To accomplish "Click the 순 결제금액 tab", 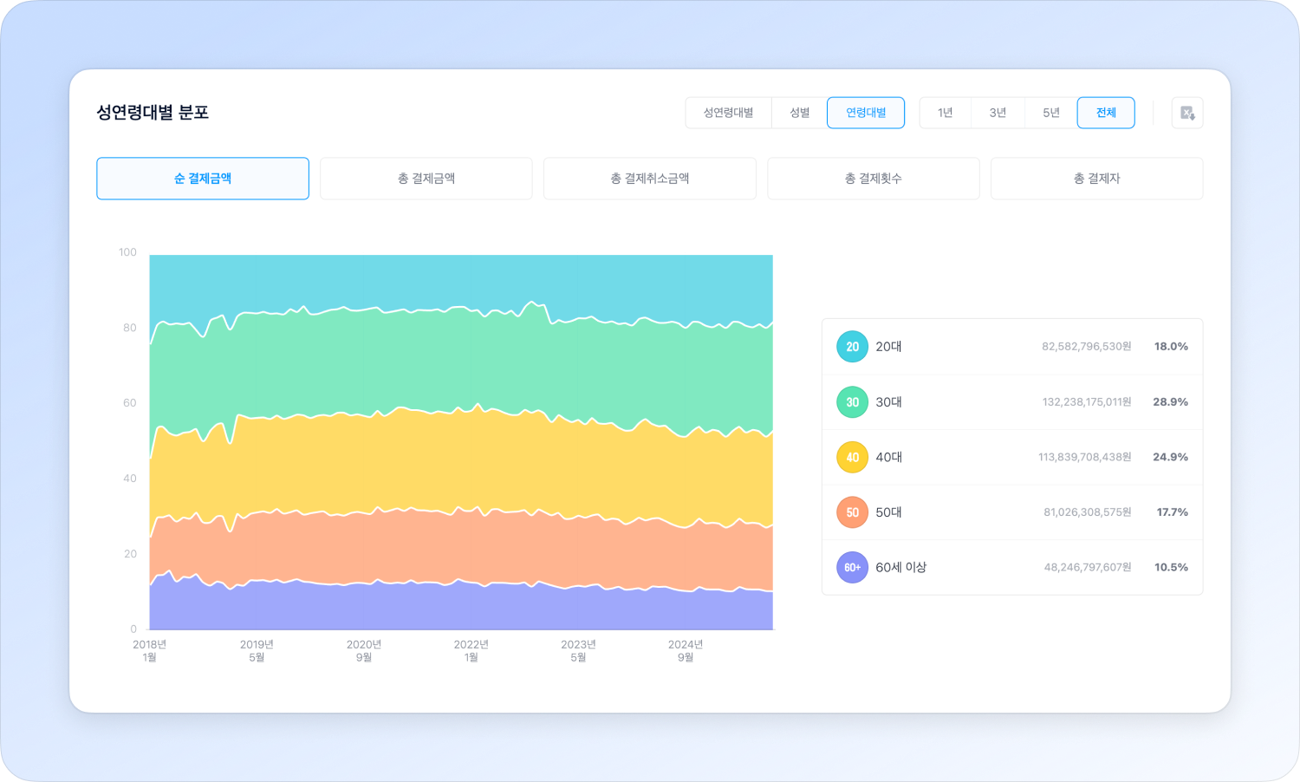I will point(203,179).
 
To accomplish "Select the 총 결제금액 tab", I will point(426,179).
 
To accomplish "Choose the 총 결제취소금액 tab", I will point(650,179).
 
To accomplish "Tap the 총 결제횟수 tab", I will point(874,179).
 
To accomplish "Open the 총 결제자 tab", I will point(1097,179).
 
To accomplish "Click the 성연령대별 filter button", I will point(728,113).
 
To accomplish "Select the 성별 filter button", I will point(799,113).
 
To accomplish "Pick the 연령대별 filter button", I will point(866,113).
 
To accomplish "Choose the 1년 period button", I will point(946,113).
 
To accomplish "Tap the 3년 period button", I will point(998,113).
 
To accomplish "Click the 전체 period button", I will point(1106,113).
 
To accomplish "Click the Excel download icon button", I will point(1187,113).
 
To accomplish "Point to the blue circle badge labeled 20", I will point(852,347).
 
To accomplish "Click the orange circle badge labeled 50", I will point(852,512).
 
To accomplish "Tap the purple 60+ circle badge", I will point(852,568).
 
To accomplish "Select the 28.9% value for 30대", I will point(1170,402).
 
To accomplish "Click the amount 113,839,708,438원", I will point(1085,457).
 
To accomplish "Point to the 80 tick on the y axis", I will point(129,328).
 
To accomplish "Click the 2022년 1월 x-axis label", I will point(471,650).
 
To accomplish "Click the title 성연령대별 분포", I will point(153,113).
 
